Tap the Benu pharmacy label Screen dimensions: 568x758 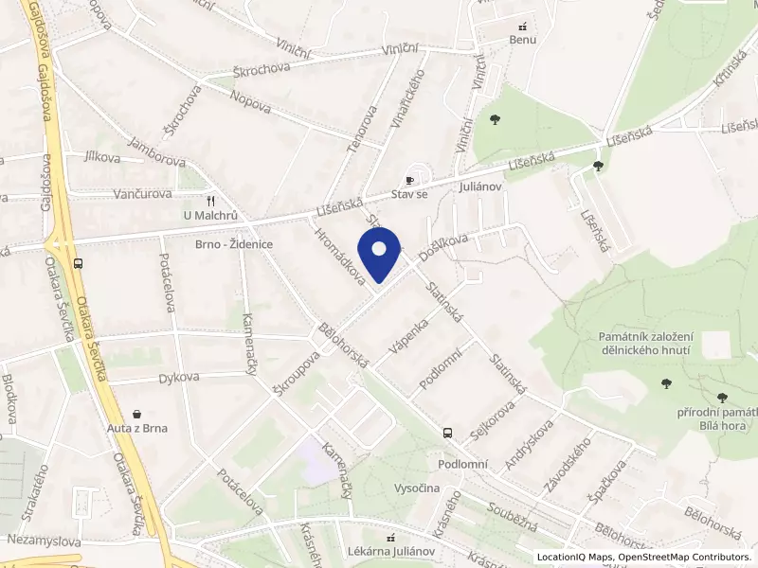523,40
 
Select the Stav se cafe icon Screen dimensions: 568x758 409,180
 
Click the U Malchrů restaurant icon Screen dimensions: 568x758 211,201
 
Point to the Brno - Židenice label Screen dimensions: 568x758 234,244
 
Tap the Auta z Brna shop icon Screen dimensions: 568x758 138,414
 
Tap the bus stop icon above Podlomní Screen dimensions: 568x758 446,433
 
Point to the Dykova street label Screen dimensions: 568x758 179,377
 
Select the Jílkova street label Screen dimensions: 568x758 102,158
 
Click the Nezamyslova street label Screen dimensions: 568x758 42,539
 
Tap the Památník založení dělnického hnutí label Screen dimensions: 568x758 646,344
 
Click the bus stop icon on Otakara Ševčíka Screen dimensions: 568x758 77,264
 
